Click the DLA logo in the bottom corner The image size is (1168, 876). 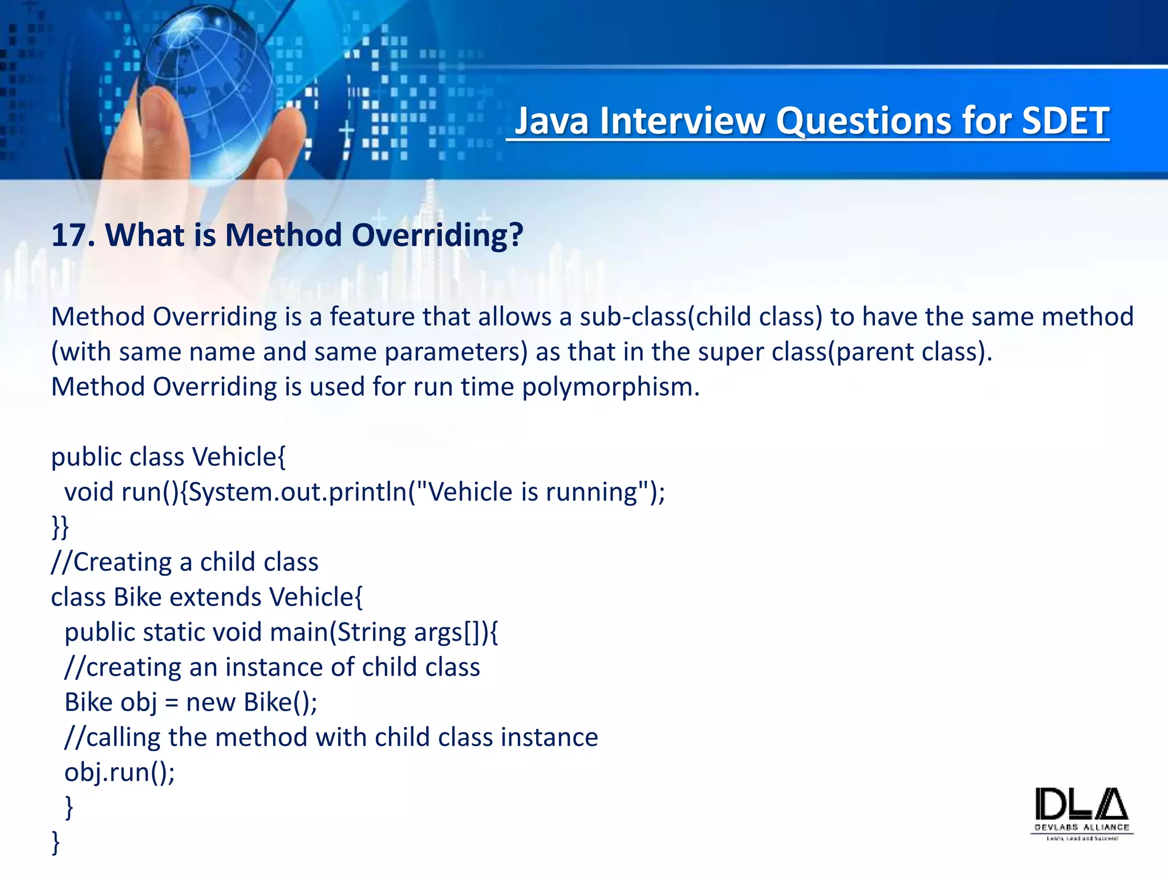(x=1081, y=813)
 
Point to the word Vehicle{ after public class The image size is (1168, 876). (x=239, y=457)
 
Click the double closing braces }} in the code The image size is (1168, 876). (x=60, y=527)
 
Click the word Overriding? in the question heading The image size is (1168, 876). (x=437, y=236)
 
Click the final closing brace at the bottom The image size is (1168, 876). (x=55, y=842)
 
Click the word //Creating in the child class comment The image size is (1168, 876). (x=111, y=562)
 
